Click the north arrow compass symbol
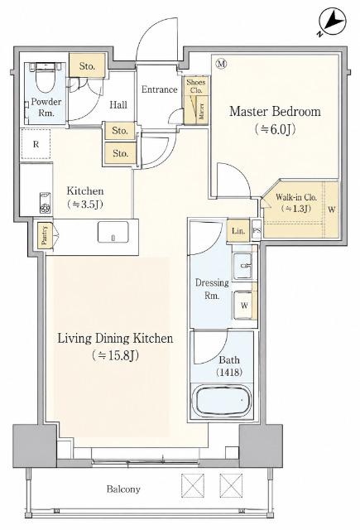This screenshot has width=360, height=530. (x=334, y=22)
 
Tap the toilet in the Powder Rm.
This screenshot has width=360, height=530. (x=46, y=77)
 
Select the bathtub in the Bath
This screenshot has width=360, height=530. (x=224, y=401)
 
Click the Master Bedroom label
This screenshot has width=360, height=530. (x=275, y=112)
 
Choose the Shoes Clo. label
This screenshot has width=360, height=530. (x=196, y=86)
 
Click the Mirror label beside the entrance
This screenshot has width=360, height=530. (x=201, y=111)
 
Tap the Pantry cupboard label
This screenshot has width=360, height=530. (x=45, y=235)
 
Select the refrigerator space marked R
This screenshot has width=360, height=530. (x=36, y=144)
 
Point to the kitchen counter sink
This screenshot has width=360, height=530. (x=113, y=232)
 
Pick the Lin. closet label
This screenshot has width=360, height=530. (x=238, y=231)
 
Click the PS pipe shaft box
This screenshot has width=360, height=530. (x=257, y=230)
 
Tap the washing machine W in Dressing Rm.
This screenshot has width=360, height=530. (x=244, y=306)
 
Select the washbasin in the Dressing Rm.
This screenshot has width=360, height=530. (x=243, y=266)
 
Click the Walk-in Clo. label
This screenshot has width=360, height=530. (x=296, y=203)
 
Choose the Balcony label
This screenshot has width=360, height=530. (x=123, y=489)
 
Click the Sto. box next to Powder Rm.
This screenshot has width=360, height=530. (x=87, y=66)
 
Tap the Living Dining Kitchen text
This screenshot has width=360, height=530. (x=115, y=339)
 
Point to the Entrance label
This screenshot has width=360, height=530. (x=159, y=89)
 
